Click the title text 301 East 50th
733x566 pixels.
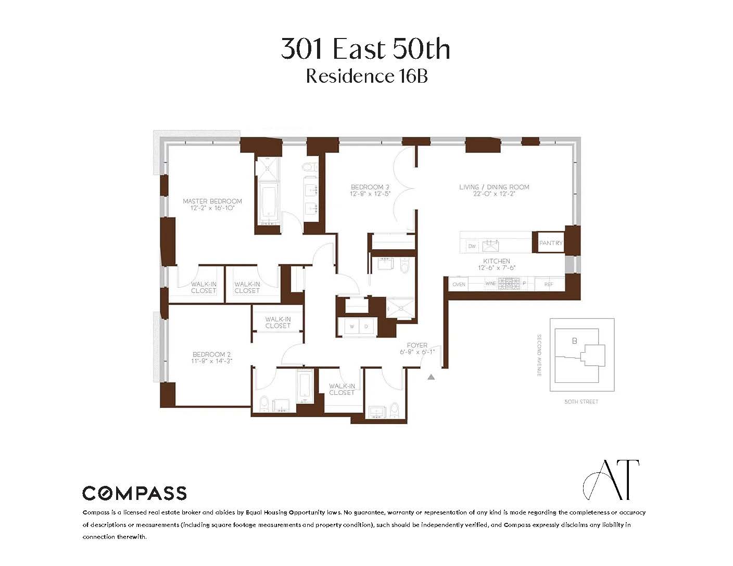click(365, 49)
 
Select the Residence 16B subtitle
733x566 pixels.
click(366, 76)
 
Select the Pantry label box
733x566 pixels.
click(550, 243)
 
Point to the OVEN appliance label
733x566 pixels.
click(459, 285)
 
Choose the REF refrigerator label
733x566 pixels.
click(548, 285)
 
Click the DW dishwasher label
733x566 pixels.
click(472, 246)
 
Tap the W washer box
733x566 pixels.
click(352, 327)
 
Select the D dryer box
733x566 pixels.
click(366, 327)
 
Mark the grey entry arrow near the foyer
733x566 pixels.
click(431, 377)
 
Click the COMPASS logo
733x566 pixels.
click(134, 493)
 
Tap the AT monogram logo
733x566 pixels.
click(611, 480)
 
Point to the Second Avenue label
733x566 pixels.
click(539, 356)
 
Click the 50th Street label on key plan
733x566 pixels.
click(582, 402)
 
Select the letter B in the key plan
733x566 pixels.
click(575, 341)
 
